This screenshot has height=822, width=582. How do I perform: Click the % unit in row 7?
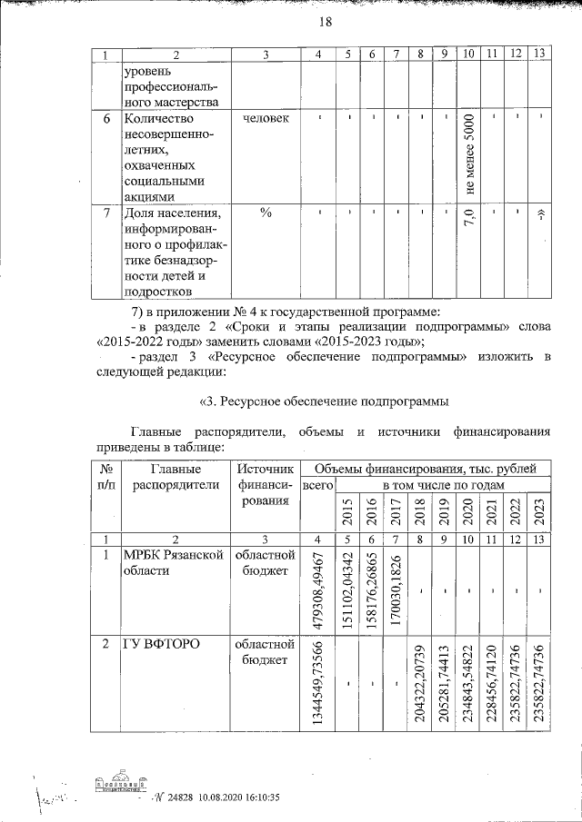coord(266,213)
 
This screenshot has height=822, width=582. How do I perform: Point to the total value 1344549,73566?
coord(317,683)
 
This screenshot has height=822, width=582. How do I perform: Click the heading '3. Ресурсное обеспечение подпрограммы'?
coord(322,401)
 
